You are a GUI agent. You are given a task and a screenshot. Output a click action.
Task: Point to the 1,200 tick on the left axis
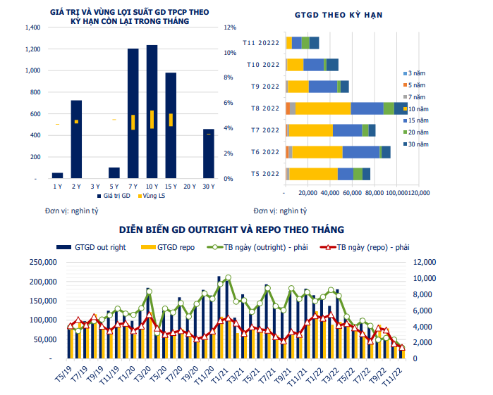[x=34, y=49]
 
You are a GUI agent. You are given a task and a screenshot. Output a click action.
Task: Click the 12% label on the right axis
[x=230, y=28]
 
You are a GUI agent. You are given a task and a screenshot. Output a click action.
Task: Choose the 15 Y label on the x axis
[x=171, y=187]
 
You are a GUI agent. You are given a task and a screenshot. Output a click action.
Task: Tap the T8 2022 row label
[x=265, y=108]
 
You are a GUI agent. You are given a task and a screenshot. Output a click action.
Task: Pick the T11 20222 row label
[x=261, y=44]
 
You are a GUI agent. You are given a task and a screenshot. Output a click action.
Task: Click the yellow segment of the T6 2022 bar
[x=317, y=152]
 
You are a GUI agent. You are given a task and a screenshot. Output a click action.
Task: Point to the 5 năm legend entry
[x=415, y=84]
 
